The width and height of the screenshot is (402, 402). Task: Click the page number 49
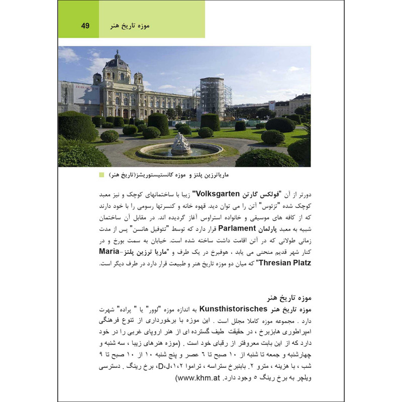coord(85,26)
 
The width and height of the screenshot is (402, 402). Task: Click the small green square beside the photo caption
coord(102,175)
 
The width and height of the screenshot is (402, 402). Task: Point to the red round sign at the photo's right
coord(272,106)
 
